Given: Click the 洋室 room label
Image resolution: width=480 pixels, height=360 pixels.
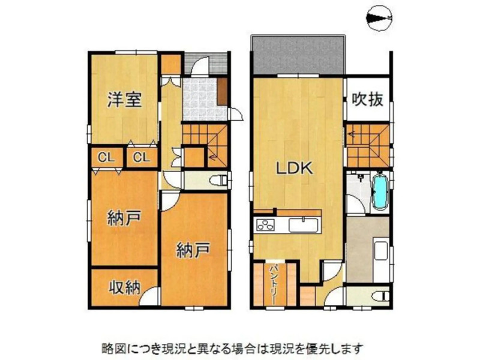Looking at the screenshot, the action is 125,100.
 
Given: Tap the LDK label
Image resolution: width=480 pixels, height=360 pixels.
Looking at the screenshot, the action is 295,168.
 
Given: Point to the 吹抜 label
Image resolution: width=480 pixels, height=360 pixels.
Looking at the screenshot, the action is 367,99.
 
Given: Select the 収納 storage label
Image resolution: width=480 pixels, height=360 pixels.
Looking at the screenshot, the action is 125,287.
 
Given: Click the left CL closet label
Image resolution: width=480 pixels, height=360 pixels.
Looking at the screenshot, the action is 106,158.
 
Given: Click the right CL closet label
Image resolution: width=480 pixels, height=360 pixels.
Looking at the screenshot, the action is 142,158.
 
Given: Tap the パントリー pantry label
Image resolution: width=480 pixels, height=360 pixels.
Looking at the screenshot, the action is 274,284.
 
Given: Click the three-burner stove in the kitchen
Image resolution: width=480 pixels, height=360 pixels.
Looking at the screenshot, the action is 265,226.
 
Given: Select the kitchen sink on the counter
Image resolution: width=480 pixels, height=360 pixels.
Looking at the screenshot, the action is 303,226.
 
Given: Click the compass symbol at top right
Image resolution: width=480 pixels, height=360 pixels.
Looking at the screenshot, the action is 380,19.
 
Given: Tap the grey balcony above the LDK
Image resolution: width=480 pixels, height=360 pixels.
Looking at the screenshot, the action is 298,55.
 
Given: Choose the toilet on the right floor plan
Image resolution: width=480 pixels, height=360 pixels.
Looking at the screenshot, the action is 380,296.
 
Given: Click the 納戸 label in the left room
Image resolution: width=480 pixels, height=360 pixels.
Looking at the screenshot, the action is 124,218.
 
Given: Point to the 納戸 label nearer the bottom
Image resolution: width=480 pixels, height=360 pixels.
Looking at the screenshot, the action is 193,250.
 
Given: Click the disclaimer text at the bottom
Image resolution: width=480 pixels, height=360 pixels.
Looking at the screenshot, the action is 233,348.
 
